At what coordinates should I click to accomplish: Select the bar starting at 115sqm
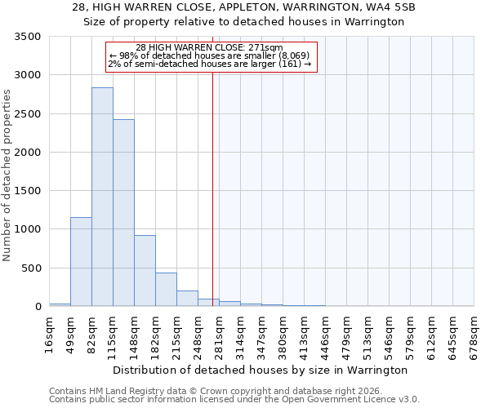(123, 213)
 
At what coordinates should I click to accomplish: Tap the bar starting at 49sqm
(81, 261)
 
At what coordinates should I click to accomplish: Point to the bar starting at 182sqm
(166, 290)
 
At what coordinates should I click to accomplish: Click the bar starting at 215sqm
(187, 299)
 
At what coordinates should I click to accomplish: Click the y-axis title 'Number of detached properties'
(7, 176)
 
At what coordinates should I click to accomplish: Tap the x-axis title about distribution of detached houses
(260, 370)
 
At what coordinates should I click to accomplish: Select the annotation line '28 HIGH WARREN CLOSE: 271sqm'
(209, 47)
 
